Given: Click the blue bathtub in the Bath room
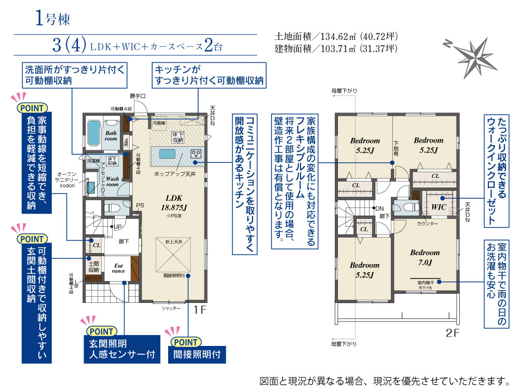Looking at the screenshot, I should (x=94, y=133).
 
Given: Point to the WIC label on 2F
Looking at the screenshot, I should (x=439, y=207).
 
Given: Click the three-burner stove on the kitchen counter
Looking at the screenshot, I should (x=197, y=154).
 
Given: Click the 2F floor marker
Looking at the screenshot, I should (x=453, y=332).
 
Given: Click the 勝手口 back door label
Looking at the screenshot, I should (x=138, y=96).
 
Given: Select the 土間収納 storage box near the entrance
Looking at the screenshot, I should (x=93, y=267).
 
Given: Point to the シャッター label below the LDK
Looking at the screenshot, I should (x=171, y=308).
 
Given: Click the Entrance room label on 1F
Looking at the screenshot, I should (x=119, y=268).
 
